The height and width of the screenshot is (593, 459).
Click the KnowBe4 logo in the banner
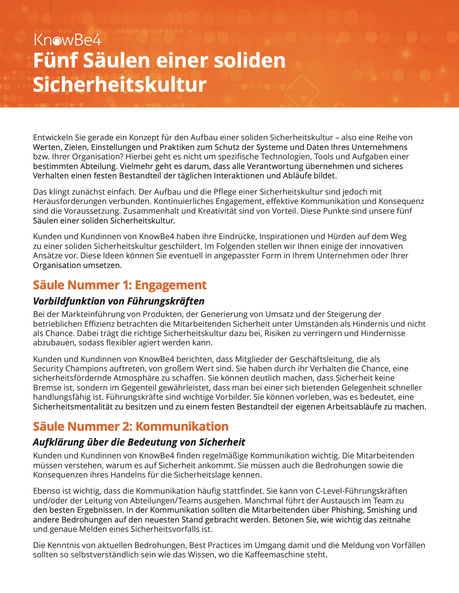click(67, 40)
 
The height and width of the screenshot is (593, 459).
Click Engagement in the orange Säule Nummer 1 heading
click(170, 285)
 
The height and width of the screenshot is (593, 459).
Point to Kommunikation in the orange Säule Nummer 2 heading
click(182, 426)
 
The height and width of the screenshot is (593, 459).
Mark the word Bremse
click(47, 388)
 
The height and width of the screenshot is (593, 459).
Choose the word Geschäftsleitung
click(321, 359)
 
